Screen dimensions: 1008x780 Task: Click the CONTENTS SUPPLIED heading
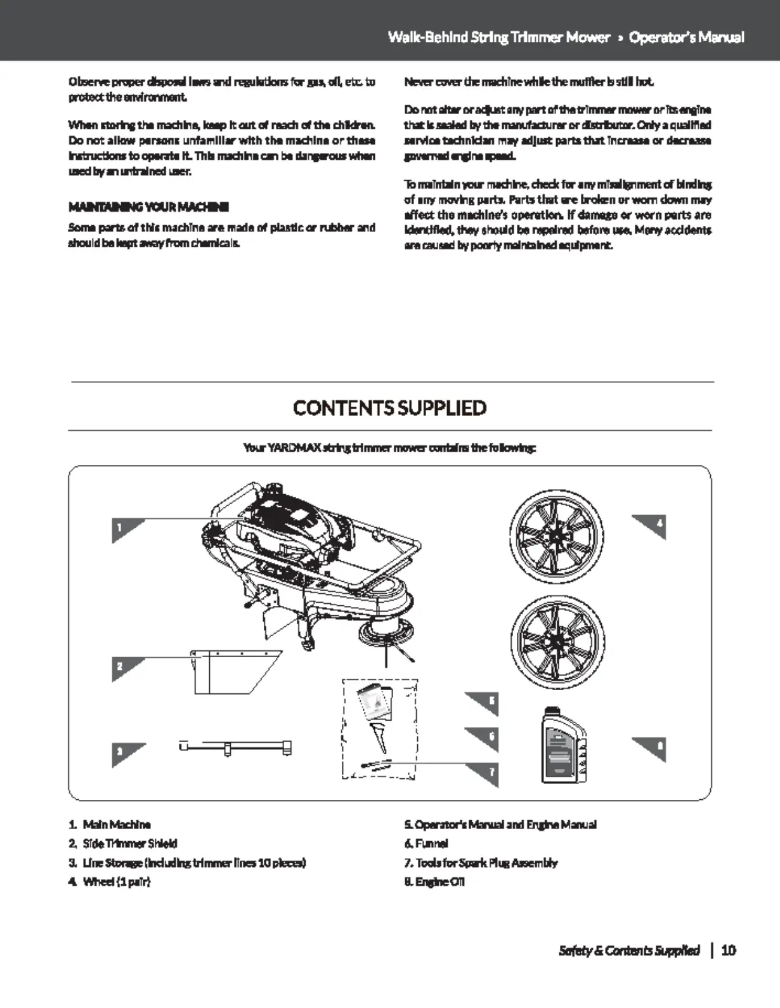coord(389,407)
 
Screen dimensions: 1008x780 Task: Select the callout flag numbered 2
coord(124,667)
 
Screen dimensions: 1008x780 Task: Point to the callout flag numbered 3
coord(124,753)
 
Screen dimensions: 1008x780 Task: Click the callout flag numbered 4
coord(653,526)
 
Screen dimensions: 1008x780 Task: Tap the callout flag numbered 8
coord(653,748)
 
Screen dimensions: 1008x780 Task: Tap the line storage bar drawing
coord(235,747)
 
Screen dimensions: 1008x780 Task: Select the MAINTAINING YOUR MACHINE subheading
coord(148,207)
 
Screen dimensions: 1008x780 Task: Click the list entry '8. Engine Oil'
coord(434,881)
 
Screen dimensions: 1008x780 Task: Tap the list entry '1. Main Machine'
coord(110,824)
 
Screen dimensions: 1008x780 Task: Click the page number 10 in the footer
coord(729,950)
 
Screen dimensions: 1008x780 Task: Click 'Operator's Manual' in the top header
coord(686,37)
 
